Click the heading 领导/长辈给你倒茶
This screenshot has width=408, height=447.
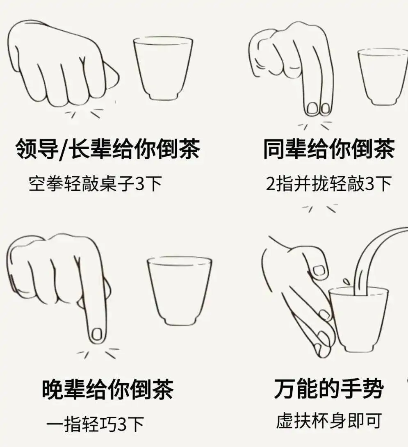pos(107,149)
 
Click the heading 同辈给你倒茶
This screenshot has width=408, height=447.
pos(329,149)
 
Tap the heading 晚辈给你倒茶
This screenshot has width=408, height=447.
pos(108,389)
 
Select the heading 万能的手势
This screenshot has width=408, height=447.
pos(329,388)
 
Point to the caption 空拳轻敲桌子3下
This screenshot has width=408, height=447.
pos(95,184)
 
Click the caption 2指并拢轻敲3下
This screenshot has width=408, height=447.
pos(329,184)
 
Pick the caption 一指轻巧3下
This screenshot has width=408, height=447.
pos(95,424)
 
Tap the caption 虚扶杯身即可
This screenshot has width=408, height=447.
pos(329,420)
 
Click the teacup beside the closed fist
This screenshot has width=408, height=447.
pos(163,68)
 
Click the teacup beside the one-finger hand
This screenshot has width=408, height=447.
pos(179,291)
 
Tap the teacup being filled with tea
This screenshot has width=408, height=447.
pos(358,320)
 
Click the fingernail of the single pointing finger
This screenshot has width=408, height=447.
pos(97,335)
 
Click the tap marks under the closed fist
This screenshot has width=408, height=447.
pos(89,111)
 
